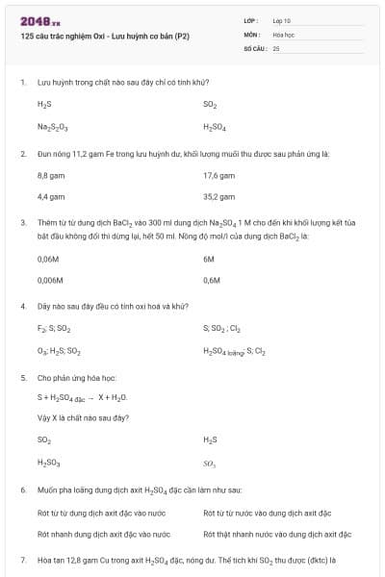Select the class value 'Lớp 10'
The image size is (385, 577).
click(282, 19)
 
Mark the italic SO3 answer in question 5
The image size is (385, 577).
click(210, 462)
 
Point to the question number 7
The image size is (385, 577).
click(22, 558)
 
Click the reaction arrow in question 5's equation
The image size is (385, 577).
click(90, 396)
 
